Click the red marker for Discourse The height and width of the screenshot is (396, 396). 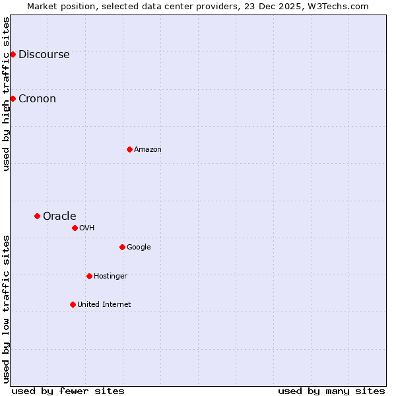[13, 54]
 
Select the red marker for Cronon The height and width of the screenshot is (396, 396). [13, 98]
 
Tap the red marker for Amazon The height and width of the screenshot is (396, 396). [129, 149]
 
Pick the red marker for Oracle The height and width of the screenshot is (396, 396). [37, 216]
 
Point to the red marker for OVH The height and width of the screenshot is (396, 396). [75, 228]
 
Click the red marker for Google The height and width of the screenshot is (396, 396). [122, 247]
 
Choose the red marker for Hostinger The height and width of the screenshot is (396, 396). [89, 276]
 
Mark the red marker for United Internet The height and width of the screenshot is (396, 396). [73, 304]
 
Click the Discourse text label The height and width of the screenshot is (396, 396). [44, 55]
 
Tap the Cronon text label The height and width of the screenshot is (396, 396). [37, 99]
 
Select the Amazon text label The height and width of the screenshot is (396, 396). [148, 150]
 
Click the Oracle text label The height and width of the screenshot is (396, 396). [59, 216]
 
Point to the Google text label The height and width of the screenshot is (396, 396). [139, 247]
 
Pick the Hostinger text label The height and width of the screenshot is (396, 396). [110, 277]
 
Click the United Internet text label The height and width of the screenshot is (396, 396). [104, 305]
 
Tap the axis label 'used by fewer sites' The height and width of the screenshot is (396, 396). [68, 391]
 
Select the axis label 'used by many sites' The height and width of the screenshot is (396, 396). [331, 391]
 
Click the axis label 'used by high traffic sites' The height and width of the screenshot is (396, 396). [7, 94]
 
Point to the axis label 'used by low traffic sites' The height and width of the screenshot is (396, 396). [7, 309]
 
